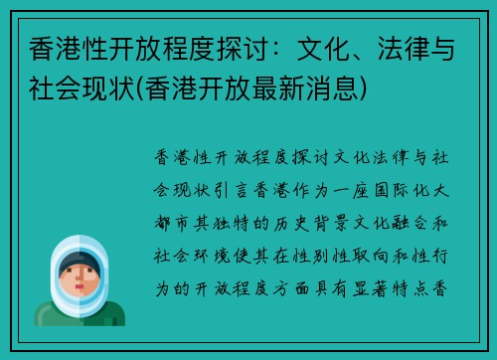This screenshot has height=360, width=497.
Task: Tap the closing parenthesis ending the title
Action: click(x=371, y=90)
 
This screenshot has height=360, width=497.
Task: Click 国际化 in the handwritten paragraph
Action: click(x=414, y=185)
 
